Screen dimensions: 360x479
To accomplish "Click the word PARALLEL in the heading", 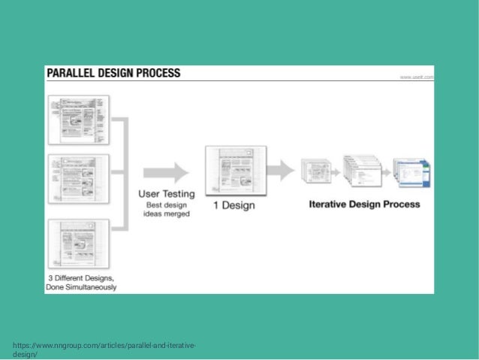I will click(74, 74).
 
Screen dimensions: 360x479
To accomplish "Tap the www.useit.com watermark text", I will click(416, 77).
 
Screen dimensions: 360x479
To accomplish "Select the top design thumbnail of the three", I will click(78, 120).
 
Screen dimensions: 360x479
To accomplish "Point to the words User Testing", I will click(166, 193).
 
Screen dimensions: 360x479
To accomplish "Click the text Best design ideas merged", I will click(166, 209).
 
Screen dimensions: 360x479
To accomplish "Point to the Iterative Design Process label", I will click(364, 204).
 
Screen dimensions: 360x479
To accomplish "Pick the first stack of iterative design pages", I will click(315, 169).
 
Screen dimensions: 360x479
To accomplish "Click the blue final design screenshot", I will click(411, 170).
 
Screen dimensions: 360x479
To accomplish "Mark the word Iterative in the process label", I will click(328, 204).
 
